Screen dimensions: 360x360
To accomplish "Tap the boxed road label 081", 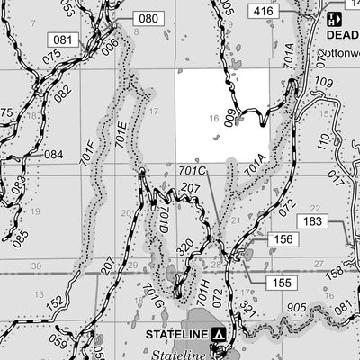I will coord(63,40).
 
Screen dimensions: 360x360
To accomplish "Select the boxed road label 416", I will coord(262,12).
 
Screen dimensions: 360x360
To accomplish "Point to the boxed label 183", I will coord(312,221).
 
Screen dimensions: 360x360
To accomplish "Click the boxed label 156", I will coord(283,239).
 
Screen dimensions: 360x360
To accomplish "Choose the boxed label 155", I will coord(282,282).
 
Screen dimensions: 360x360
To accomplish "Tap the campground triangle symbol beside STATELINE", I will coord(218,334).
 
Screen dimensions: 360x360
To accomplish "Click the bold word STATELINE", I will coord(177,334).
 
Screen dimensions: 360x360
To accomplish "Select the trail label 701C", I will coord(193,170).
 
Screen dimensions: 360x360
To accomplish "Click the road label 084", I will coord(53,154).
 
